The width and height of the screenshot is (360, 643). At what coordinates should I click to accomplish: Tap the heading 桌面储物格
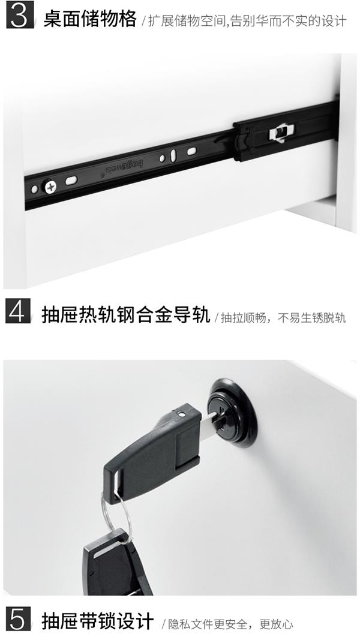pyautogui.click(x=90, y=19)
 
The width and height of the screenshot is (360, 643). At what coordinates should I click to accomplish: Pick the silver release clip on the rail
pyautogui.click(x=278, y=133)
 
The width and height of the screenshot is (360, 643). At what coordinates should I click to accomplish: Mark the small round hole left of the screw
pyautogui.click(x=34, y=190)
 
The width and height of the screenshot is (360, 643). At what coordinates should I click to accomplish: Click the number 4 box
pyautogui.click(x=18, y=313)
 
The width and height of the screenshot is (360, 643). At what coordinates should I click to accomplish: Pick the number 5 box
pyautogui.click(x=18, y=621)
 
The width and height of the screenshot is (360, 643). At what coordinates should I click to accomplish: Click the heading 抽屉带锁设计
pyautogui.click(x=97, y=621)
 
